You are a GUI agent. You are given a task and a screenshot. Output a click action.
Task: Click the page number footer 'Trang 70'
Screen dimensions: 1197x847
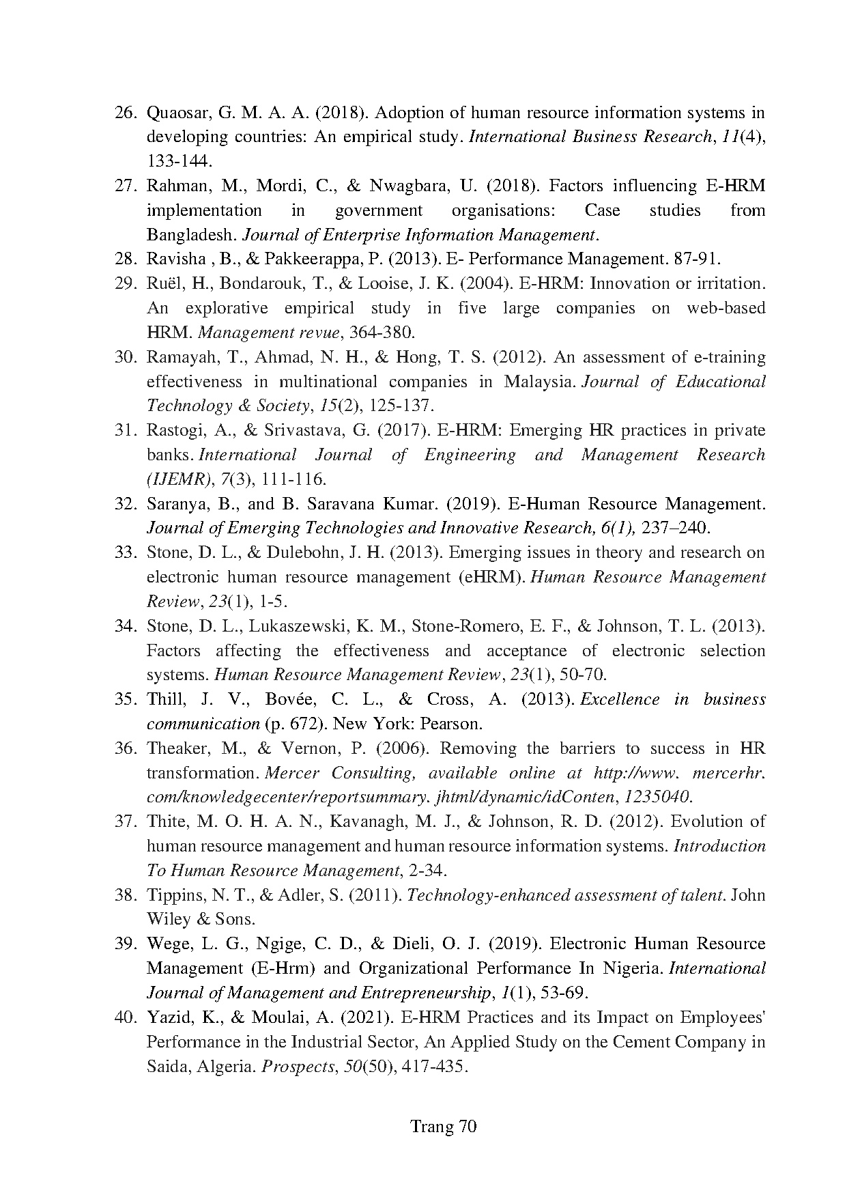tap(442, 1126)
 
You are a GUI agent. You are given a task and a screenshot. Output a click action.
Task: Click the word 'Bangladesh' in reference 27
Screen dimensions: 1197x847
tap(190, 235)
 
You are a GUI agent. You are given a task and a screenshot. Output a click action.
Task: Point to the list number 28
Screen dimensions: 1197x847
tap(126, 259)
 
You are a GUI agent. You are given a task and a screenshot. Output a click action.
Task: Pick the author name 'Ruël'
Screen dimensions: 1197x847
tap(164, 284)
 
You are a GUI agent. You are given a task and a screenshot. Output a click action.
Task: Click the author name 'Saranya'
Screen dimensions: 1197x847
tap(175, 504)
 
